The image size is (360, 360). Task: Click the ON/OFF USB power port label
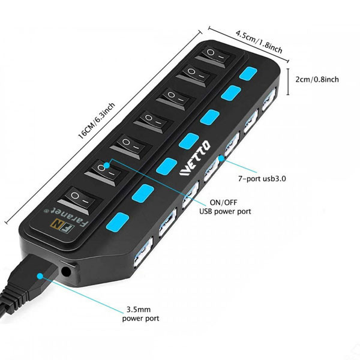(225, 206)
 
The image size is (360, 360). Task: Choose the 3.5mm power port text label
(142, 314)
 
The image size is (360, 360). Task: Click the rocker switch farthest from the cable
(215, 57)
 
